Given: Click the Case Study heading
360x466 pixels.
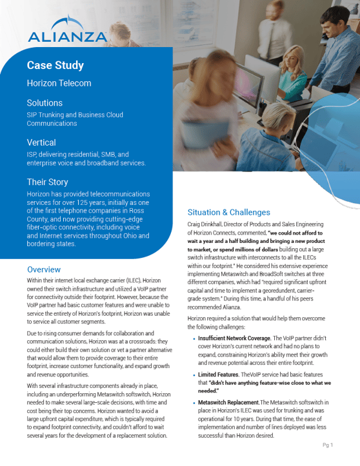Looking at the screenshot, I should [x=55, y=65].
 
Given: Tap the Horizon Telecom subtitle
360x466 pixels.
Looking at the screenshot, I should [x=59, y=83].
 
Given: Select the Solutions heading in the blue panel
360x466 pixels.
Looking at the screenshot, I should [x=45, y=103].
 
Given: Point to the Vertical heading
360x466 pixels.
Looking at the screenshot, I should [x=41, y=142].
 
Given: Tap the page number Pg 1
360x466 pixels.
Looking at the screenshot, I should [x=327, y=445].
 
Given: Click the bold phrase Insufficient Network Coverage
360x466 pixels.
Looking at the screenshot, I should [x=234, y=338].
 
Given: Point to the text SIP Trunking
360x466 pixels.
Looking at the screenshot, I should [x=45, y=115].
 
